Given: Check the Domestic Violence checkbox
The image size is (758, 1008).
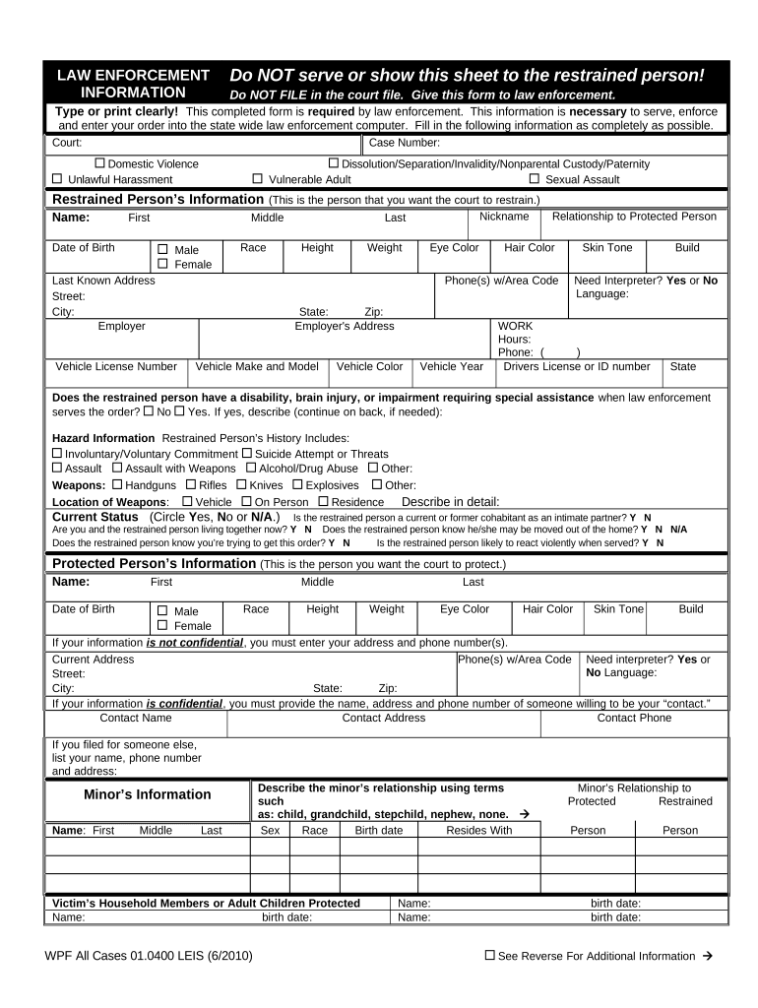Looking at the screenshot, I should (x=99, y=163).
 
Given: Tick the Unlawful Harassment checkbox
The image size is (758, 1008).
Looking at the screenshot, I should (x=57, y=179).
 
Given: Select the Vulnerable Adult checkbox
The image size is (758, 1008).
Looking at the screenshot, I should (x=258, y=179).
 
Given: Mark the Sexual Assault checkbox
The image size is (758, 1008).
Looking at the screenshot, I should (x=535, y=179).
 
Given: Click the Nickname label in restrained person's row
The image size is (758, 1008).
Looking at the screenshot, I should (x=504, y=217).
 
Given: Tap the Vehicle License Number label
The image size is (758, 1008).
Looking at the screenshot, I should (x=116, y=367).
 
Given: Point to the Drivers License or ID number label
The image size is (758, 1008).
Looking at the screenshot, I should (x=577, y=367).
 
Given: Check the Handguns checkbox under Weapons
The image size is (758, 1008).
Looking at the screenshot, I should (x=118, y=484).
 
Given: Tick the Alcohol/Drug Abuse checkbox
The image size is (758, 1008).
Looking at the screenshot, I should (x=251, y=469).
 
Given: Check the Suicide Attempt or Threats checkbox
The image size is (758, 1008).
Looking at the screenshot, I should (x=247, y=454).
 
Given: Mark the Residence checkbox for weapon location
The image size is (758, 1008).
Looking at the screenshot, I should (x=323, y=501).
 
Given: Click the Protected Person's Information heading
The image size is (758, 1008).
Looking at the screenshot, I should (x=153, y=564).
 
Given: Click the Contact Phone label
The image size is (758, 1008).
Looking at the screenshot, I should (x=634, y=719).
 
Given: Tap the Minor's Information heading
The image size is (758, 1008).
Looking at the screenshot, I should (x=147, y=794).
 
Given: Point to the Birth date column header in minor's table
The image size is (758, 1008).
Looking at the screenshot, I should (x=378, y=831).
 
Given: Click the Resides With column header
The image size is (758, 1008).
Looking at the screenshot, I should (x=478, y=831).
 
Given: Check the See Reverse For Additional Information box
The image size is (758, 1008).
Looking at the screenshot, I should (x=490, y=955).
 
